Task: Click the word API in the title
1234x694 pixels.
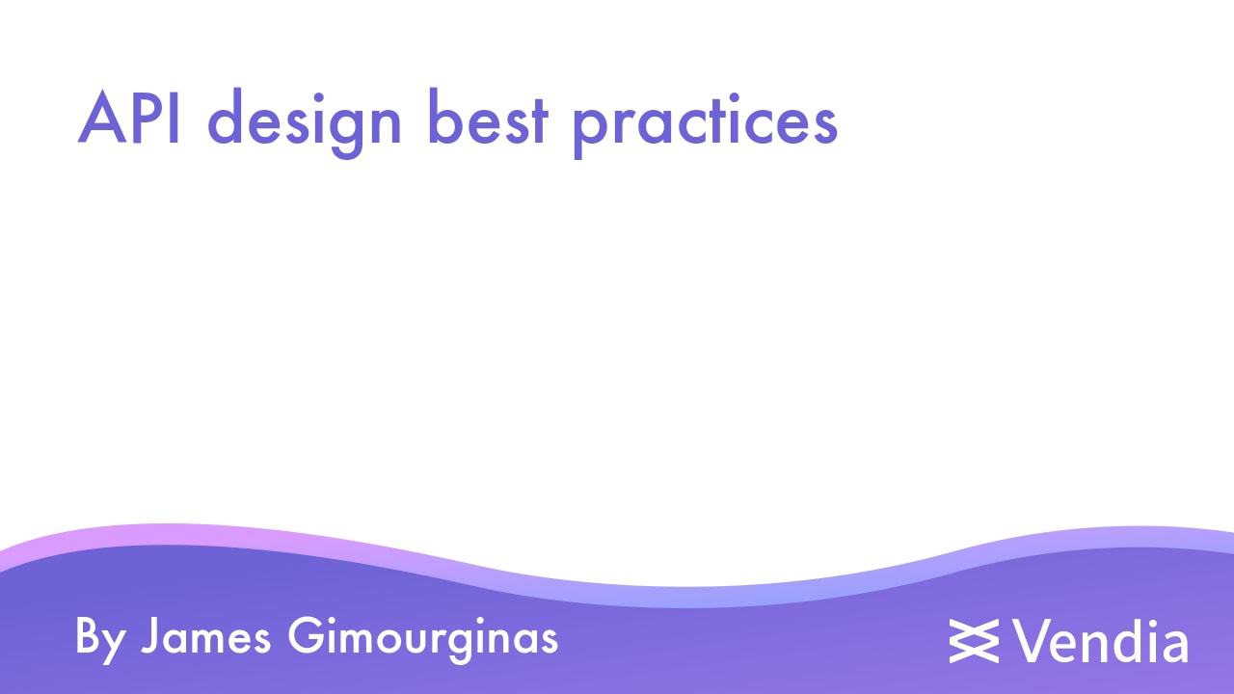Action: point(130,120)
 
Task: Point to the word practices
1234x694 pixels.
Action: point(705,123)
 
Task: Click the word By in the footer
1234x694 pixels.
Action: point(100,638)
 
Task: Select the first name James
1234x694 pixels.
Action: point(205,637)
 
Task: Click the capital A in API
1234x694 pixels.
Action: point(103,120)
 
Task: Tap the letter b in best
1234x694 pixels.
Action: point(444,120)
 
